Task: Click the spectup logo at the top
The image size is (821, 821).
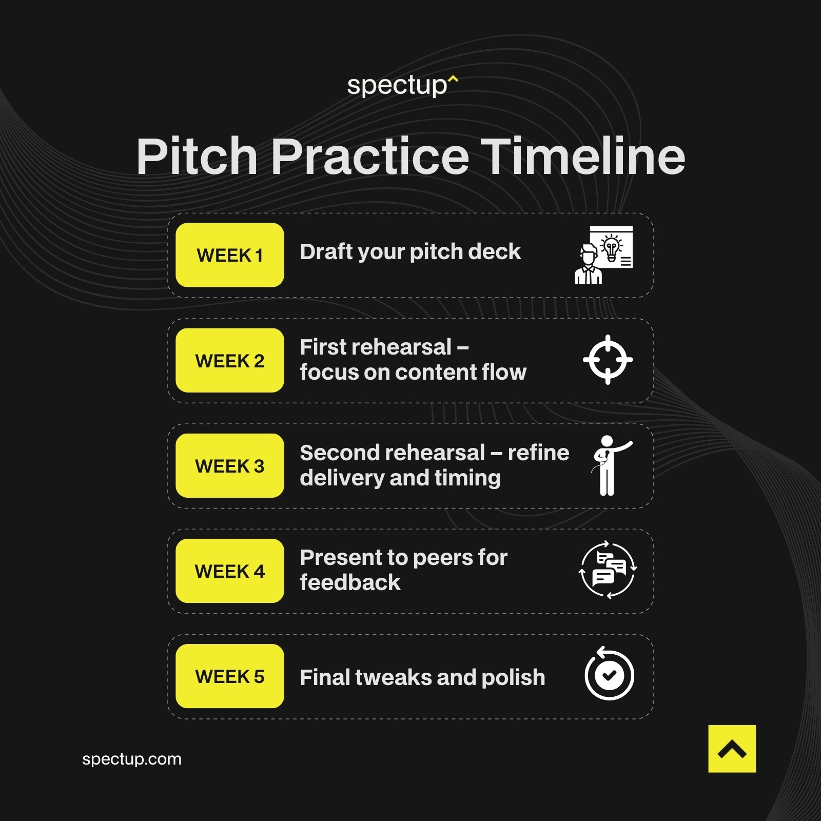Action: tap(402, 86)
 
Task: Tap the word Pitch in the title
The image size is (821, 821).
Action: tap(197, 157)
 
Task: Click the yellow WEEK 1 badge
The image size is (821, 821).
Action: tap(229, 255)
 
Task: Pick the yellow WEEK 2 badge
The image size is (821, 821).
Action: tap(229, 361)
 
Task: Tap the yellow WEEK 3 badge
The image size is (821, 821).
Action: tap(229, 466)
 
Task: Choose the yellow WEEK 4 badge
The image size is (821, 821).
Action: tap(229, 571)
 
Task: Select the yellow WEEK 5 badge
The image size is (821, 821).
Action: tap(229, 676)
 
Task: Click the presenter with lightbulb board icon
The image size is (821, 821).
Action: tap(604, 255)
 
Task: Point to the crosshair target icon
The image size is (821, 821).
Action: tap(608, 360)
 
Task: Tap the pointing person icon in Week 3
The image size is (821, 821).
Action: tap(610, 465)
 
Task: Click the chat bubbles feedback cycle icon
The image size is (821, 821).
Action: tap(608, 570)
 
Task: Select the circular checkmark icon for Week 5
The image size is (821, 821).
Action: tap(609, 674)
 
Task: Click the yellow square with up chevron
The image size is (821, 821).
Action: tap(732, 749)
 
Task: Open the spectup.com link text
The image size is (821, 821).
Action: tap(132, 759)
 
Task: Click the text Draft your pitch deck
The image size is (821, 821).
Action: tap(410, 252)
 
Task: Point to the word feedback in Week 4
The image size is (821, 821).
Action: tap(350, 583)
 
